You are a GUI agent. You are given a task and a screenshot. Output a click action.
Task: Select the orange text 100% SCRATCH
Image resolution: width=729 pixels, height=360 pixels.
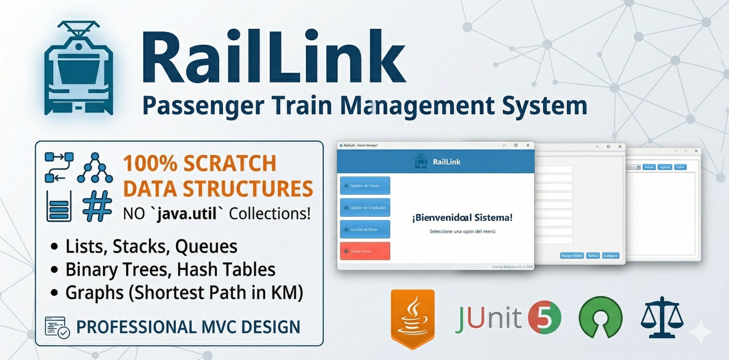tap(199, 164)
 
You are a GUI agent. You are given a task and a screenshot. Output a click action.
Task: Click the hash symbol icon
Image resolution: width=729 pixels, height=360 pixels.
tap(97, 206)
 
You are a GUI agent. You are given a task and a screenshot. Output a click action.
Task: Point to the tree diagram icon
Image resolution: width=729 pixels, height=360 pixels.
tap(95, 168)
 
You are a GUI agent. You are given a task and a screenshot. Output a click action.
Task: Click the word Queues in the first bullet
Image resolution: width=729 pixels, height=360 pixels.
tap(206, 246)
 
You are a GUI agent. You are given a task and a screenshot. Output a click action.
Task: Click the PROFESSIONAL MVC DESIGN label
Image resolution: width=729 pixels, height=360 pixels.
tap(188, 327)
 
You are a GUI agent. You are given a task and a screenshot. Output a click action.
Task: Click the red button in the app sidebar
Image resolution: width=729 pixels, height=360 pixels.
tap(365, 251)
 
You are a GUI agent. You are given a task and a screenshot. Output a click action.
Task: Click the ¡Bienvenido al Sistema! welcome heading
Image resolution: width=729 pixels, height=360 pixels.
tap(462, 218)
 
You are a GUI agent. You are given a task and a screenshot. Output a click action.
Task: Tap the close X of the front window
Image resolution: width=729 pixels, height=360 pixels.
tap(528, 145)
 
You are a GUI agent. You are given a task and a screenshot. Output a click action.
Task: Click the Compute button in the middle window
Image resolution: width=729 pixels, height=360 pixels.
tap(610, 256)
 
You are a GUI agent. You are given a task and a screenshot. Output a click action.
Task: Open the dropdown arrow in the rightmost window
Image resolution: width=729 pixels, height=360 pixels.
tap(638, 167)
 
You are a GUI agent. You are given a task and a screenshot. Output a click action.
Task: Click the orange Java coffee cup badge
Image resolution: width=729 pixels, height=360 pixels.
tap(413, 318)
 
